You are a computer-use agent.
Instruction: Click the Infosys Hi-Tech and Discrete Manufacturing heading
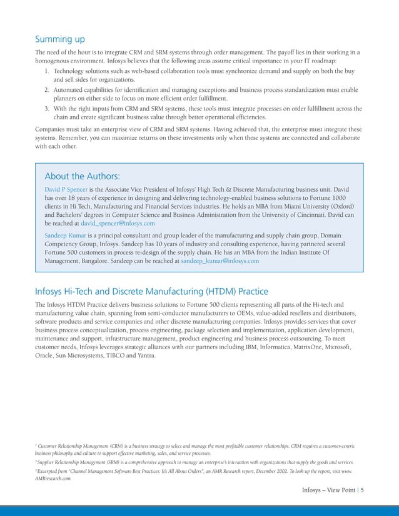tap(151, 291)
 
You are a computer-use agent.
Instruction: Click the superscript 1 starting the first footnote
tap(36, 445)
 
